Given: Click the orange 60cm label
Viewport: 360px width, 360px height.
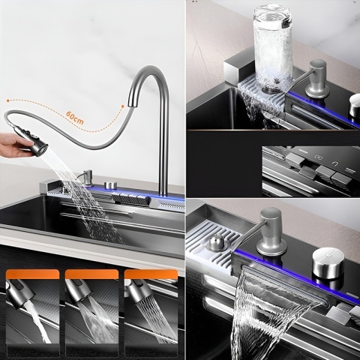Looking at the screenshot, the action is pos(75,117).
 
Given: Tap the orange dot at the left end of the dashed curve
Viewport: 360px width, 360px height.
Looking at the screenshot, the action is pos(8,100).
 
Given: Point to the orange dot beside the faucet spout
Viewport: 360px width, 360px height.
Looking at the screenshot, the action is pos(122,106).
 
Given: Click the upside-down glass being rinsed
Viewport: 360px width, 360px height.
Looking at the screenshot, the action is pos(272,49).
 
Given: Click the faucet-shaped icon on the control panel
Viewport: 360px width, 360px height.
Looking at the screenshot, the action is pos(334,164).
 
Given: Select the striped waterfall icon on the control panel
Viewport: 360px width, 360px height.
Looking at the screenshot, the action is pos(349,170).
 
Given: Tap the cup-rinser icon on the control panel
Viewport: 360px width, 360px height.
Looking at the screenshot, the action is pos(318,157).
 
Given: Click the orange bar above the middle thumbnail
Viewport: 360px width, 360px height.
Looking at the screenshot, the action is pos(91,274).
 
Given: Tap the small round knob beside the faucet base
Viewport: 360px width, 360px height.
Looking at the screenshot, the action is pos(111,185).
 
